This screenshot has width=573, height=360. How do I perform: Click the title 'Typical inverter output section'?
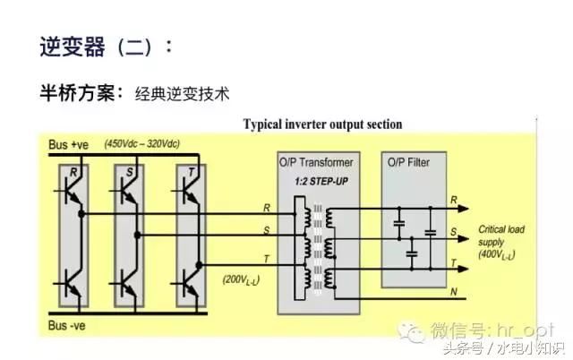point(323,124)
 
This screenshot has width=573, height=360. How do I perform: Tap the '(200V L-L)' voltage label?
point(243,280)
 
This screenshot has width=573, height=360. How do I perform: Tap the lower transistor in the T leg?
point(189,287)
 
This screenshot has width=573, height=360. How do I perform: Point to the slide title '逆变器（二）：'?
point(106,47)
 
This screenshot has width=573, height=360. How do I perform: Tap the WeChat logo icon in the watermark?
point(415,331)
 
